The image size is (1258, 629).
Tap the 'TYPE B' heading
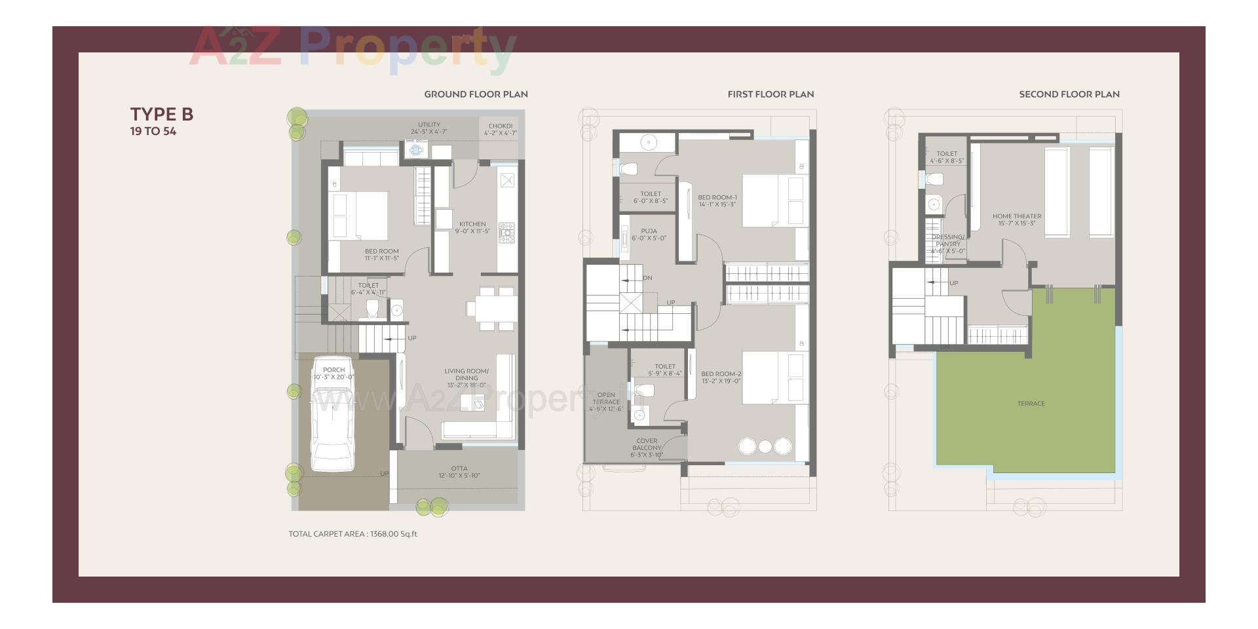(162, 114)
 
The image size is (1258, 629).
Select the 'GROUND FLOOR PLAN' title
(476, 94)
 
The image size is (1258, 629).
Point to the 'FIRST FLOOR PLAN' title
(771, 94)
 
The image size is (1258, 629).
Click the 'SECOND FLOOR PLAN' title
(1069, 94)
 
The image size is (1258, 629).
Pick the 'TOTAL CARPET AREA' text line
(353, 534)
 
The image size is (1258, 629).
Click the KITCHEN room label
(472, 227)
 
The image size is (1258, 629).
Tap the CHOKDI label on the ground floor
(500, 129)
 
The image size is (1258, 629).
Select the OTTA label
(459, 472)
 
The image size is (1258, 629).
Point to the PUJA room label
(649, 235)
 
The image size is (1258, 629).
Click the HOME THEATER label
(1016, 219)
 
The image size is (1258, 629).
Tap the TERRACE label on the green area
(1031, 404)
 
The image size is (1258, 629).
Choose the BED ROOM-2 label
(721, 377)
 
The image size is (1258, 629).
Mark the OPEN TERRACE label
(606, 402)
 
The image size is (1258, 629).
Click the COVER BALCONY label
(647, 448)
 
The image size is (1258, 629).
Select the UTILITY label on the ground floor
(429, 128)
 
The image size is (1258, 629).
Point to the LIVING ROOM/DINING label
(467, 378)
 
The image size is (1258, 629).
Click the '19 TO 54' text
(153, 131)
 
